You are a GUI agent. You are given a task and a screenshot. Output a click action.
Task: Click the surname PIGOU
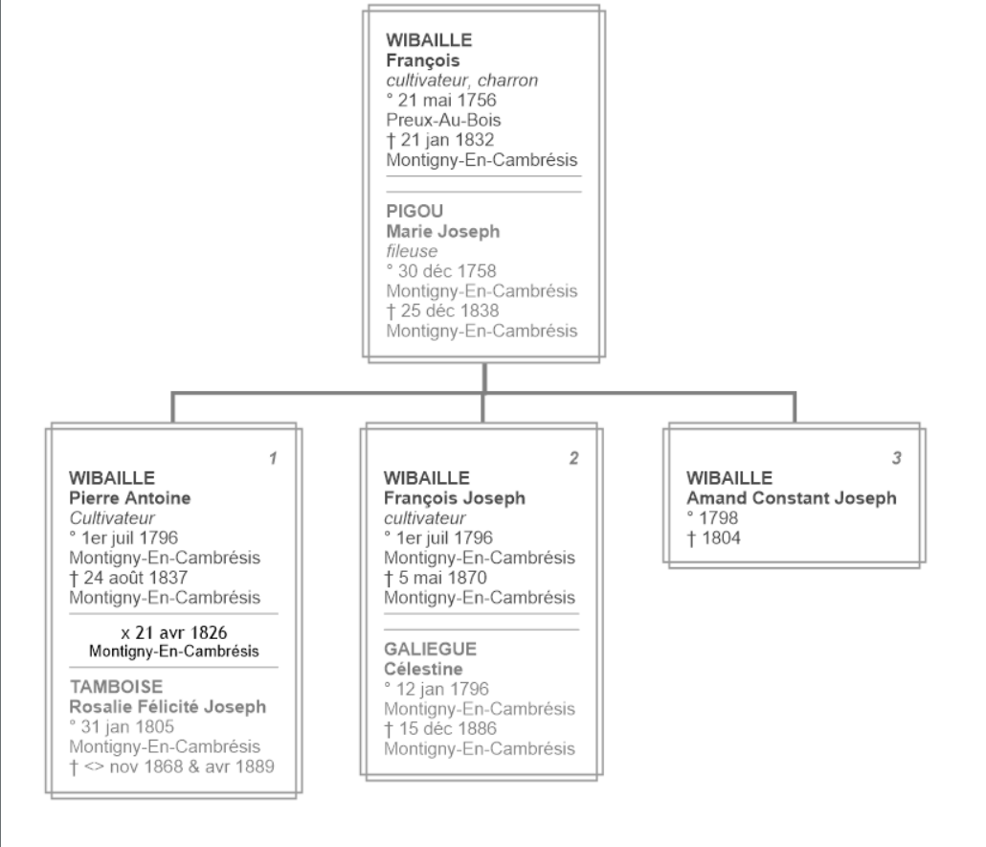click(415, 211)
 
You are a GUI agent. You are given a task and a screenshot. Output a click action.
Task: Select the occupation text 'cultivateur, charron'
click(462, 80)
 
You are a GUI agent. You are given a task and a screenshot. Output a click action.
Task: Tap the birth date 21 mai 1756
click(441, 100)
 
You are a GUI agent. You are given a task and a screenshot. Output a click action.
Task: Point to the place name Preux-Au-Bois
click(443, 120)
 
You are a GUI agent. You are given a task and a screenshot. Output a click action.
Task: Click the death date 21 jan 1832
click(440, 140)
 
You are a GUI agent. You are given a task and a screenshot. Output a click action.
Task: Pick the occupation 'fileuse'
click(412, 251)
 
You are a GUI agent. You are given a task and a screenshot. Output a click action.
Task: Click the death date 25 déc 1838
click(442, 310)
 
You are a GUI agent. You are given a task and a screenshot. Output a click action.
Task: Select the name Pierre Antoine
click(130, 497)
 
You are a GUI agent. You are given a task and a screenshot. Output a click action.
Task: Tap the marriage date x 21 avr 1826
click(174, 632)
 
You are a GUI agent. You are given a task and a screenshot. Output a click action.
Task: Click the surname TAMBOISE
click(117, 687)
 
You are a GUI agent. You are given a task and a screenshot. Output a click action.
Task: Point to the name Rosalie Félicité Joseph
click(168, 707)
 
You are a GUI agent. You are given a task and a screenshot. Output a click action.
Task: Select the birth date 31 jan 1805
click(122, 727)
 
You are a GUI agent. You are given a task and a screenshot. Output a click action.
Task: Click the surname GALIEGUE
click(431, 649)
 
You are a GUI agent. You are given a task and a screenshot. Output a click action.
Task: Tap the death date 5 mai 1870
click(436, 578)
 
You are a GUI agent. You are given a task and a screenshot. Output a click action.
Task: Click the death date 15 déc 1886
click(440, 729)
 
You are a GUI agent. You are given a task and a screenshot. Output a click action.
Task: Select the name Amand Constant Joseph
click(792, 497)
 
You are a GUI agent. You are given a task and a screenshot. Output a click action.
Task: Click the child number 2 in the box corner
click(574, 458)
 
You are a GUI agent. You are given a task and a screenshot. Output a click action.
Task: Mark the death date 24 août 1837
click(129, 578)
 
